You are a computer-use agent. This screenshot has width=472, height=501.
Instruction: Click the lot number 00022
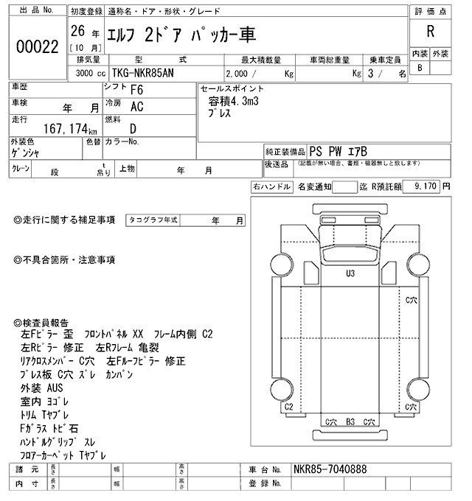click(x=37, y=46)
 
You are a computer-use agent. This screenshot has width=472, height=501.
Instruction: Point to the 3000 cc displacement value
click(x=90, y=74)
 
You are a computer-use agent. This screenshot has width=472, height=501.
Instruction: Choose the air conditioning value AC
click(x=136, y=107)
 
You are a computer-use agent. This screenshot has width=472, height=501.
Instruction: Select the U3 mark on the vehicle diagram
click(x=350, y=273)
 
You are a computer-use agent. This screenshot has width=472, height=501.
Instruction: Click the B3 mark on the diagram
click(x=351, y=421)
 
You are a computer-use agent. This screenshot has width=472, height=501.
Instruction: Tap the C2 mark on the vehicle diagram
click(x=289, y=406)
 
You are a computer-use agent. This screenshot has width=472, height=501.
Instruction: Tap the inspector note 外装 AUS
click(x=42, y=388)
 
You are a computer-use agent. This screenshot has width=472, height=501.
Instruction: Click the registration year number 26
click(x=77, y=32)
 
